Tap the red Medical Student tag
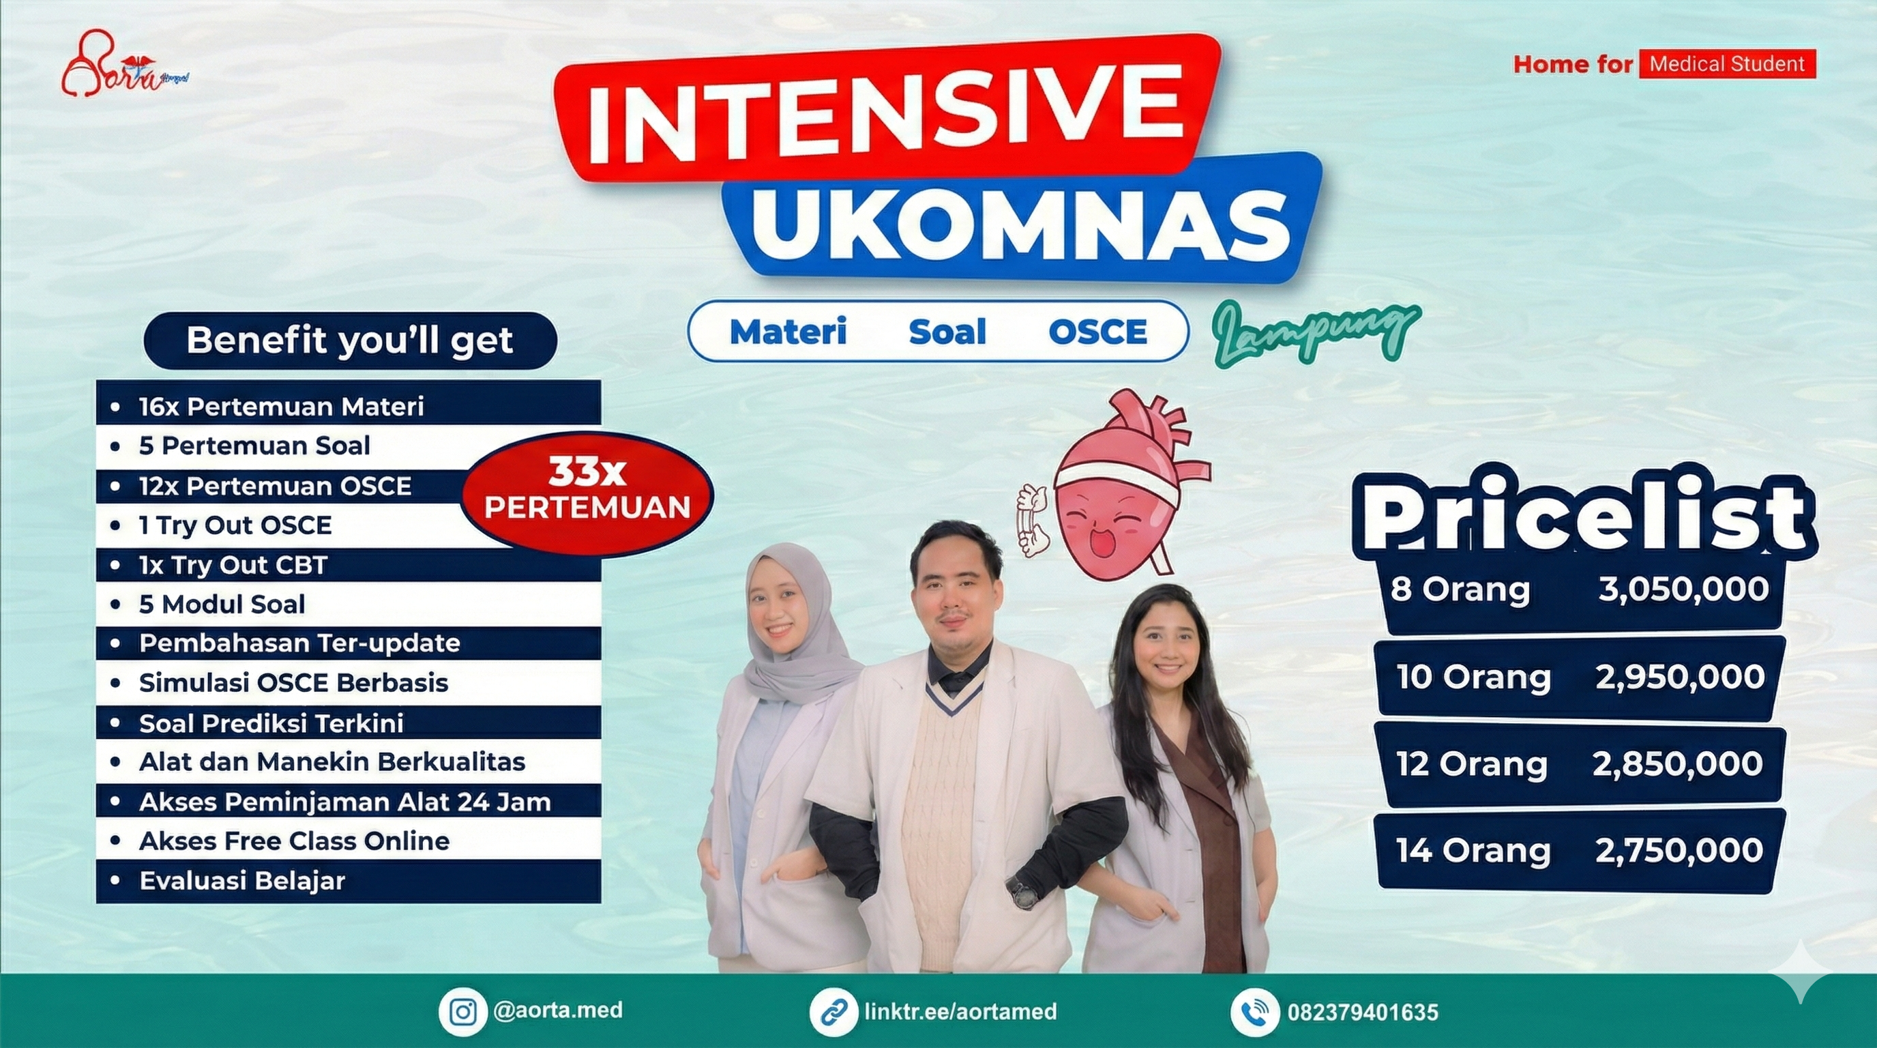[x=1726, y=64]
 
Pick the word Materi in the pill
[x=788, y=332]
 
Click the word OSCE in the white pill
[x=1097, y=332]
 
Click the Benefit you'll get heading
[x=350, y=340]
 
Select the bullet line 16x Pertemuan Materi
[x=281, y=406]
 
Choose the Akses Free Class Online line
[x=294, y=841]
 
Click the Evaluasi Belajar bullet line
[x=242, y=880]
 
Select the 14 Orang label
[x=1473, y=851]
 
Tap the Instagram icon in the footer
[x=462, y=1013]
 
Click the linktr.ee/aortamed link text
[x=960, y=1012]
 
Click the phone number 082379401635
[x=1363, y=1013]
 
